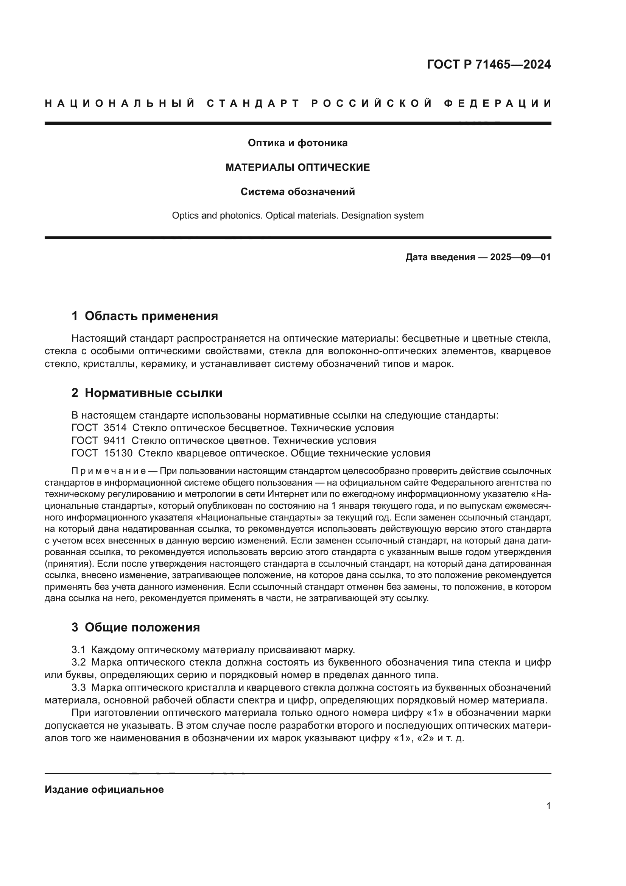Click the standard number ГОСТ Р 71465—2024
[x=489, y=64]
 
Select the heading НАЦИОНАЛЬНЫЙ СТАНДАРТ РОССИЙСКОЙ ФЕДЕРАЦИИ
[x=298, y=103]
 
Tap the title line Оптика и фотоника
[x=297, y=143]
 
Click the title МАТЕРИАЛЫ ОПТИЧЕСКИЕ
[x=297, y=167]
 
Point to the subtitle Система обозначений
[x=297, y=192]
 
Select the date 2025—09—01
[x=520, y=257]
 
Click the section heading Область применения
[x=151, y=316]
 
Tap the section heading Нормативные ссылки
[x=153, y=393]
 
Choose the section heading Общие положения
[x=142, y=627]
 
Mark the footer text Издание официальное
[x=104, y=789]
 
